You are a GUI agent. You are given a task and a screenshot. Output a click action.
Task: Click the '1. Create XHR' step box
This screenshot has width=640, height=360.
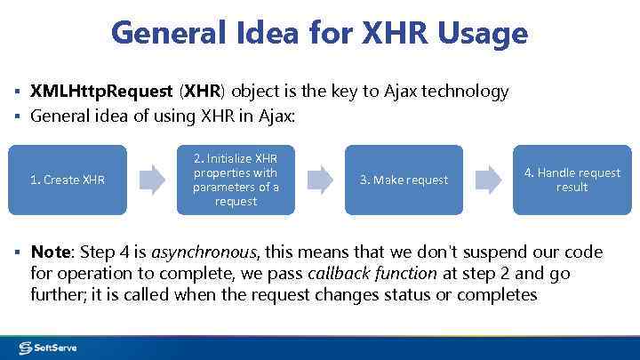[x=68, y=180]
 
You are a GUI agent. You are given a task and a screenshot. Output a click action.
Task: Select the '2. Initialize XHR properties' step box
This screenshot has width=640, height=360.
[x=236, y=180]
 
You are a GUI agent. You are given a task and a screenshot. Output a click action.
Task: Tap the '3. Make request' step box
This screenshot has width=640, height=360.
[x=404, y=180]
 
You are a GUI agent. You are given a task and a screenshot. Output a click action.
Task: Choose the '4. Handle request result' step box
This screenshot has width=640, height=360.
[x=572, y=180]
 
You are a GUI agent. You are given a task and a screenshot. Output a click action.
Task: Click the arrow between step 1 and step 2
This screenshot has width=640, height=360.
[x=152, y=180]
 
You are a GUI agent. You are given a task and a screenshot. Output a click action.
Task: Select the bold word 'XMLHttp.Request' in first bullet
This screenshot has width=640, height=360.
[x=102, y=92]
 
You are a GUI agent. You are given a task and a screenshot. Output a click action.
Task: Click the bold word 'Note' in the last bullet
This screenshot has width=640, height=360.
[x=51, y=252]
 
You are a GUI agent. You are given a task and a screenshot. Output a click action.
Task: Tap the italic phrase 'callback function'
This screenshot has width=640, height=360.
[x=383, y=274]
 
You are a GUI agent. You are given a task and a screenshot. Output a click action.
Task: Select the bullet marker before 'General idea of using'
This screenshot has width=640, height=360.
[x=17, y=116]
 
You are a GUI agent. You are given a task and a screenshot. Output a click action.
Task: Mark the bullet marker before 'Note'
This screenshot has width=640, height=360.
[x=17, y=253]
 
